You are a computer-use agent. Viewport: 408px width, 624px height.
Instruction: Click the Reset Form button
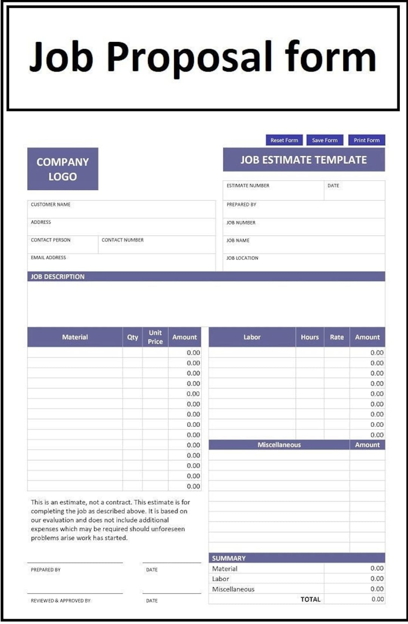(284, 140)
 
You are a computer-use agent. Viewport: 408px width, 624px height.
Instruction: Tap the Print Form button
(366, 140)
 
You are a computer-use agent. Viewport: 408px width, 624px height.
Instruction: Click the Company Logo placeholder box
(63, 169)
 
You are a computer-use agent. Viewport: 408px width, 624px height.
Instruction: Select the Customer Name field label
(51, 204)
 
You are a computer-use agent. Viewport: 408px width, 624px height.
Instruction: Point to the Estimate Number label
(248, 186)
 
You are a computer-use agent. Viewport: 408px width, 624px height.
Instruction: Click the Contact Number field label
(122, 240)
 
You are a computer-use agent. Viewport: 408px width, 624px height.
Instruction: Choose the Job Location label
(242, 258)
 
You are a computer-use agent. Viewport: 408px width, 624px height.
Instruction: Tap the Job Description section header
(58, 277)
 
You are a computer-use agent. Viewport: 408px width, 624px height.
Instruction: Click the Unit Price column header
(155, 337)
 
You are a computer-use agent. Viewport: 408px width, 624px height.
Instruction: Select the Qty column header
(133, 337)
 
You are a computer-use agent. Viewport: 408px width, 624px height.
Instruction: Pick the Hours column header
(310, 337)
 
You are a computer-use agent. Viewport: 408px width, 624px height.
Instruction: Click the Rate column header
(337, 337)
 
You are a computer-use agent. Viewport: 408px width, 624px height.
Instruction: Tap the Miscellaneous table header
(279, 445)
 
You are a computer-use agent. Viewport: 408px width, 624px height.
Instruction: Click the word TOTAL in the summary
(310, 599)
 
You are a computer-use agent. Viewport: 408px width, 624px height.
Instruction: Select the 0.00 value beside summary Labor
(377, 579)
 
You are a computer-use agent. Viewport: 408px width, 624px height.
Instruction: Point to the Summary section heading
(229, 558)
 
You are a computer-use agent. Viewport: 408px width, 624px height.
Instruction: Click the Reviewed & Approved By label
(60, 601)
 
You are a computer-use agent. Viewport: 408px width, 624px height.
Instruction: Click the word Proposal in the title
(189, 57)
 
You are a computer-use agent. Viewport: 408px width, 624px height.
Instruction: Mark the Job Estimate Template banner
(304, 160)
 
